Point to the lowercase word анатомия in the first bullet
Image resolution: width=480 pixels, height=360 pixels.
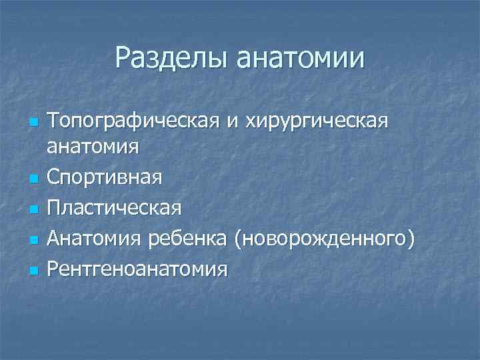coord(93,146)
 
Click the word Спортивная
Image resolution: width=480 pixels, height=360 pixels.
coord(105,179)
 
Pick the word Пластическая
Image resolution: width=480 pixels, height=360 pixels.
coord(114,207)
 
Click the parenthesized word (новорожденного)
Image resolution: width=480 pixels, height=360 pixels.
coord(325,239)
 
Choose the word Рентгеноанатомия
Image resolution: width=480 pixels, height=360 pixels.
coord(137,269)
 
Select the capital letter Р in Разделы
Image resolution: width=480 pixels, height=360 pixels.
coord(123,58)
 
